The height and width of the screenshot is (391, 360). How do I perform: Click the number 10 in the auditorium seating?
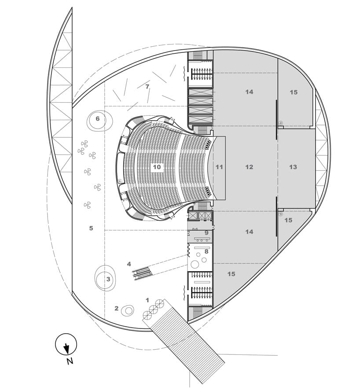[x=157, y=167]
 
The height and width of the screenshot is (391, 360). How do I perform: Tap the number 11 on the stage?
[x=219, y=167]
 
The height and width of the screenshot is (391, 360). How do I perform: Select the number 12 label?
[x=250, y=167]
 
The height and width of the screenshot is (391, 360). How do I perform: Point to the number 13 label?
[x=294, y=167]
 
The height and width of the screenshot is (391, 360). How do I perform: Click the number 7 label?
[x=147, y=87]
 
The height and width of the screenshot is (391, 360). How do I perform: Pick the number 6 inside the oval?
[x=98, y=118]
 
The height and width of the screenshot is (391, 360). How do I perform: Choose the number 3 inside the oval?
[x=108, y=279]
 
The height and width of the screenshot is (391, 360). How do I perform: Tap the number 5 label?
[x=91, y=228]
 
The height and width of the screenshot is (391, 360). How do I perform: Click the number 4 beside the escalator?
[x=129, y=264]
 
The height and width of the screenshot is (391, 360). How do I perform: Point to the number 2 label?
[x=117, y=308]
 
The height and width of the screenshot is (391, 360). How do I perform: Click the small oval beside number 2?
[x=128, y=310]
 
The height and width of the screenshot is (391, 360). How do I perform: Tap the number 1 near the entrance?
[x=147, y=300]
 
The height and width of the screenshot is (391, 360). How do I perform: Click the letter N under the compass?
[x=70, y=362]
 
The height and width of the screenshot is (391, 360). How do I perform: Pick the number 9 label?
[x=206, y=232]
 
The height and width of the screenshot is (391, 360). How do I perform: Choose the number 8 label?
[x=206, y=252]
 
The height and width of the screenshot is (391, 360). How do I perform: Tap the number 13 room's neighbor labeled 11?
[x=219, y=167]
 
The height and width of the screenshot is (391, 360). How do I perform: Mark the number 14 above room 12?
[x=250, y=92]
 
